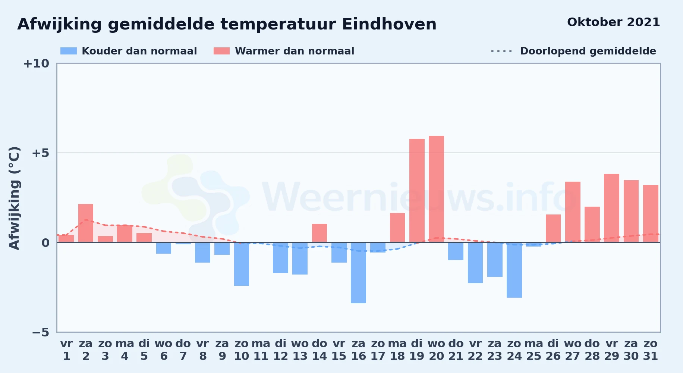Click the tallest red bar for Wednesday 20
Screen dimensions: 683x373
click(436, 189)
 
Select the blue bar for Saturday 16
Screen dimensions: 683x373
click(358, 273)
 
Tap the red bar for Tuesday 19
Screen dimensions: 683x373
click(417, 191)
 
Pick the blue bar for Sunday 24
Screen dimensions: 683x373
click(514, 270)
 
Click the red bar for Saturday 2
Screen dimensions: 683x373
click(86, 223)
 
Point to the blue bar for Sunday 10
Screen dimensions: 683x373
click(242, 264)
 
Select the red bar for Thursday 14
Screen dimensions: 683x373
click(320, 233)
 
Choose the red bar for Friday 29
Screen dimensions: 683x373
click(611, 208)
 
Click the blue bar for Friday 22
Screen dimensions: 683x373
click(475, 263)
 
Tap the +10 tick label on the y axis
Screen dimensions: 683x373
click(36, 63)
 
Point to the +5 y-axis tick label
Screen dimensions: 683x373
click(40, 153)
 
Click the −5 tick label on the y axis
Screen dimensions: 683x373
click(41, 332)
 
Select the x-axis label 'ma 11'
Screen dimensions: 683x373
click(261, 350)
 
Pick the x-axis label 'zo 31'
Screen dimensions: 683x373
click(651, 350)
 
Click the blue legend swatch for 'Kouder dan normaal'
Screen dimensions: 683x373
click(69, 51)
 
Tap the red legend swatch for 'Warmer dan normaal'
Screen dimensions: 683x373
click(221, 51)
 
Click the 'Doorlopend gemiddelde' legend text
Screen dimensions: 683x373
click(588, 51)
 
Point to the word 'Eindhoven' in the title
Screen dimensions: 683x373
click(389, 24)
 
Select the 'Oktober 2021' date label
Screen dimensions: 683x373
click(614, 22)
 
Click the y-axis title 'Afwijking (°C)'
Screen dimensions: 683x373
click(14, 198)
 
